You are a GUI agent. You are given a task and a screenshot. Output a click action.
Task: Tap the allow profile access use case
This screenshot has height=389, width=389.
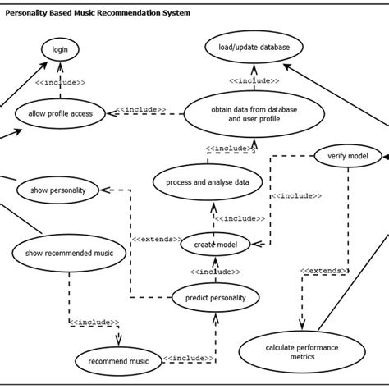point(60,112)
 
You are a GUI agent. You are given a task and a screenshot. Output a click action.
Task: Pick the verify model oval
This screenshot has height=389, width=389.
point(341,155)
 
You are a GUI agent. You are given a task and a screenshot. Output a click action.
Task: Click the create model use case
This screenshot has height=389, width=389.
point(215,244)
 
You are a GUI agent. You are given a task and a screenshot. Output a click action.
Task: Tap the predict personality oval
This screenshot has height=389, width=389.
point(210,297)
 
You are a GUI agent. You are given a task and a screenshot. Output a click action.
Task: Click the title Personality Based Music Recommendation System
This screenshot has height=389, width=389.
point(98,14)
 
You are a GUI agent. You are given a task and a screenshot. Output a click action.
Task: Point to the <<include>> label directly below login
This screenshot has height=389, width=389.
point(64,81)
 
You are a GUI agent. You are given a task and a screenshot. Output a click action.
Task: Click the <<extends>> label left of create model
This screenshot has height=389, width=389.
point(155,239)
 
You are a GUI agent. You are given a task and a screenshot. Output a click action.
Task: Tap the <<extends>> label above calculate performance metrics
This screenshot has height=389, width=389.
point(322,269)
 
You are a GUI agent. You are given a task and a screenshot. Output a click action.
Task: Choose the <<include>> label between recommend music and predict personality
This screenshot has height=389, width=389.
point(188,359)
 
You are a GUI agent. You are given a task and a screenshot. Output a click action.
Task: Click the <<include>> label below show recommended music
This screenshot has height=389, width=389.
point(94,323)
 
